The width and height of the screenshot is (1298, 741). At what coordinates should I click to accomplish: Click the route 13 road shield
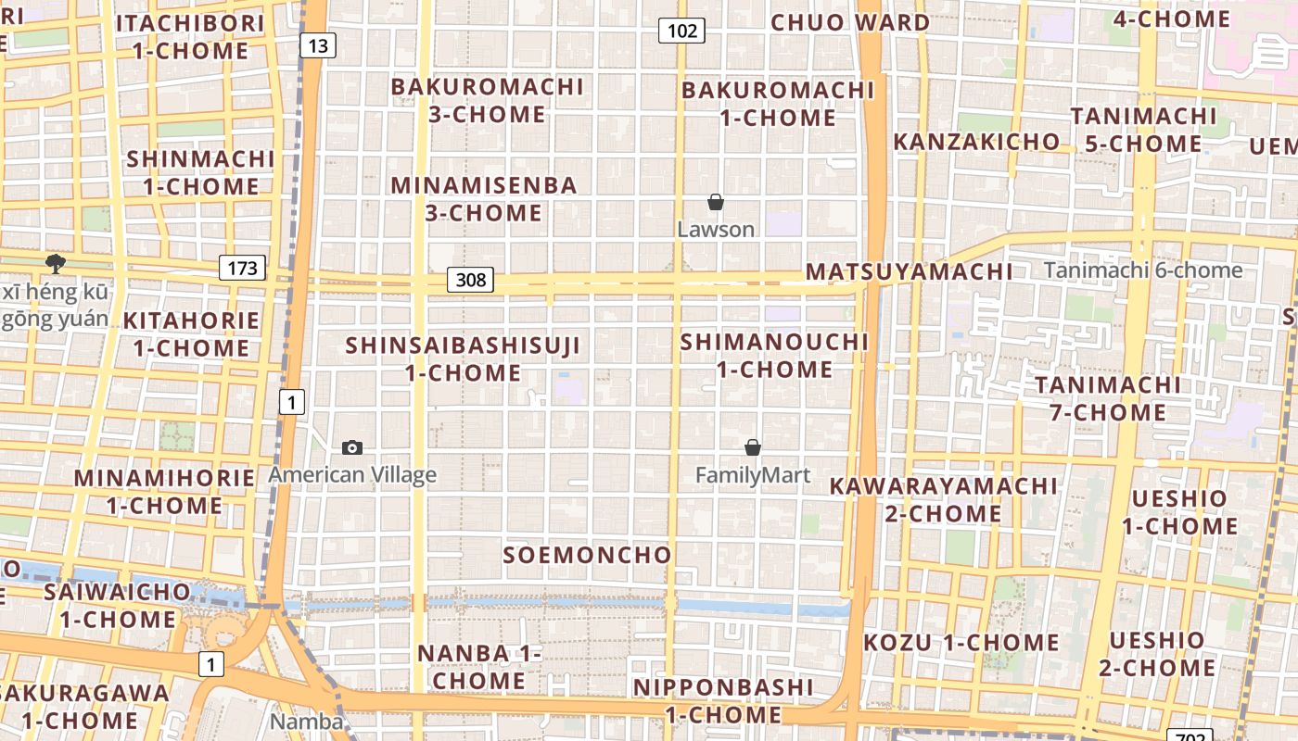pos(317,44)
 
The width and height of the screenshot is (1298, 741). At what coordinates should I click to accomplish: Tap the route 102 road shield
pos(681,31)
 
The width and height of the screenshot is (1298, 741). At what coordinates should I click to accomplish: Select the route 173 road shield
pos(243,269)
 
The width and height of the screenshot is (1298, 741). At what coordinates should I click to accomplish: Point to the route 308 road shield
pos(470,279)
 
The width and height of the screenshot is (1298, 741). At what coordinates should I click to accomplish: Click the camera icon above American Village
pos(352,448)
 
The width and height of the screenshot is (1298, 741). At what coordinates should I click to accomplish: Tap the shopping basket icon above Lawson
pos(716,202)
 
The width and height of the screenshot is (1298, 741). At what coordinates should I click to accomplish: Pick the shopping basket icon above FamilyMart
pos(753,448)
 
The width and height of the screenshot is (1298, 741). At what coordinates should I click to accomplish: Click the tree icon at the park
pos(56,264)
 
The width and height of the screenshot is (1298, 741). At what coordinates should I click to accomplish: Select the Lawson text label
pos(716,229)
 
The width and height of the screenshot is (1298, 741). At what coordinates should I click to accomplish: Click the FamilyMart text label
pos(753,475)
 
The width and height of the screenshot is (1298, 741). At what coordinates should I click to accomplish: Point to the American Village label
pos(352,475)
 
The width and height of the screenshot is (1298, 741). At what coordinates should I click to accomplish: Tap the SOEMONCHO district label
pos(587,555)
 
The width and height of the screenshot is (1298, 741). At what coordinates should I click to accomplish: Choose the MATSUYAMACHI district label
pos(909,271)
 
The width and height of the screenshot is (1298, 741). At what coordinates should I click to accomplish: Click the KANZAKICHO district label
pos(976,142)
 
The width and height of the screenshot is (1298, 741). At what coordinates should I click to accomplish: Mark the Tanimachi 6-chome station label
pos(1143,270)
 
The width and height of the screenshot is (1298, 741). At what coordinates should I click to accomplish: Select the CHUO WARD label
pos(850,22)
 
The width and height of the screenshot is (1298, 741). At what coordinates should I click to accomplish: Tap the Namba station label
pos(306,721)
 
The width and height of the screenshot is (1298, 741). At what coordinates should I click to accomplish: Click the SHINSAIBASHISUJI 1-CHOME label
pos(463,359)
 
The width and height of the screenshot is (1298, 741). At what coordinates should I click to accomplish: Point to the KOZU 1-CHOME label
pos(961,643)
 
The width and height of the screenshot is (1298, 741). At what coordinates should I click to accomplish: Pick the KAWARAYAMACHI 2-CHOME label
pos(943,499)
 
